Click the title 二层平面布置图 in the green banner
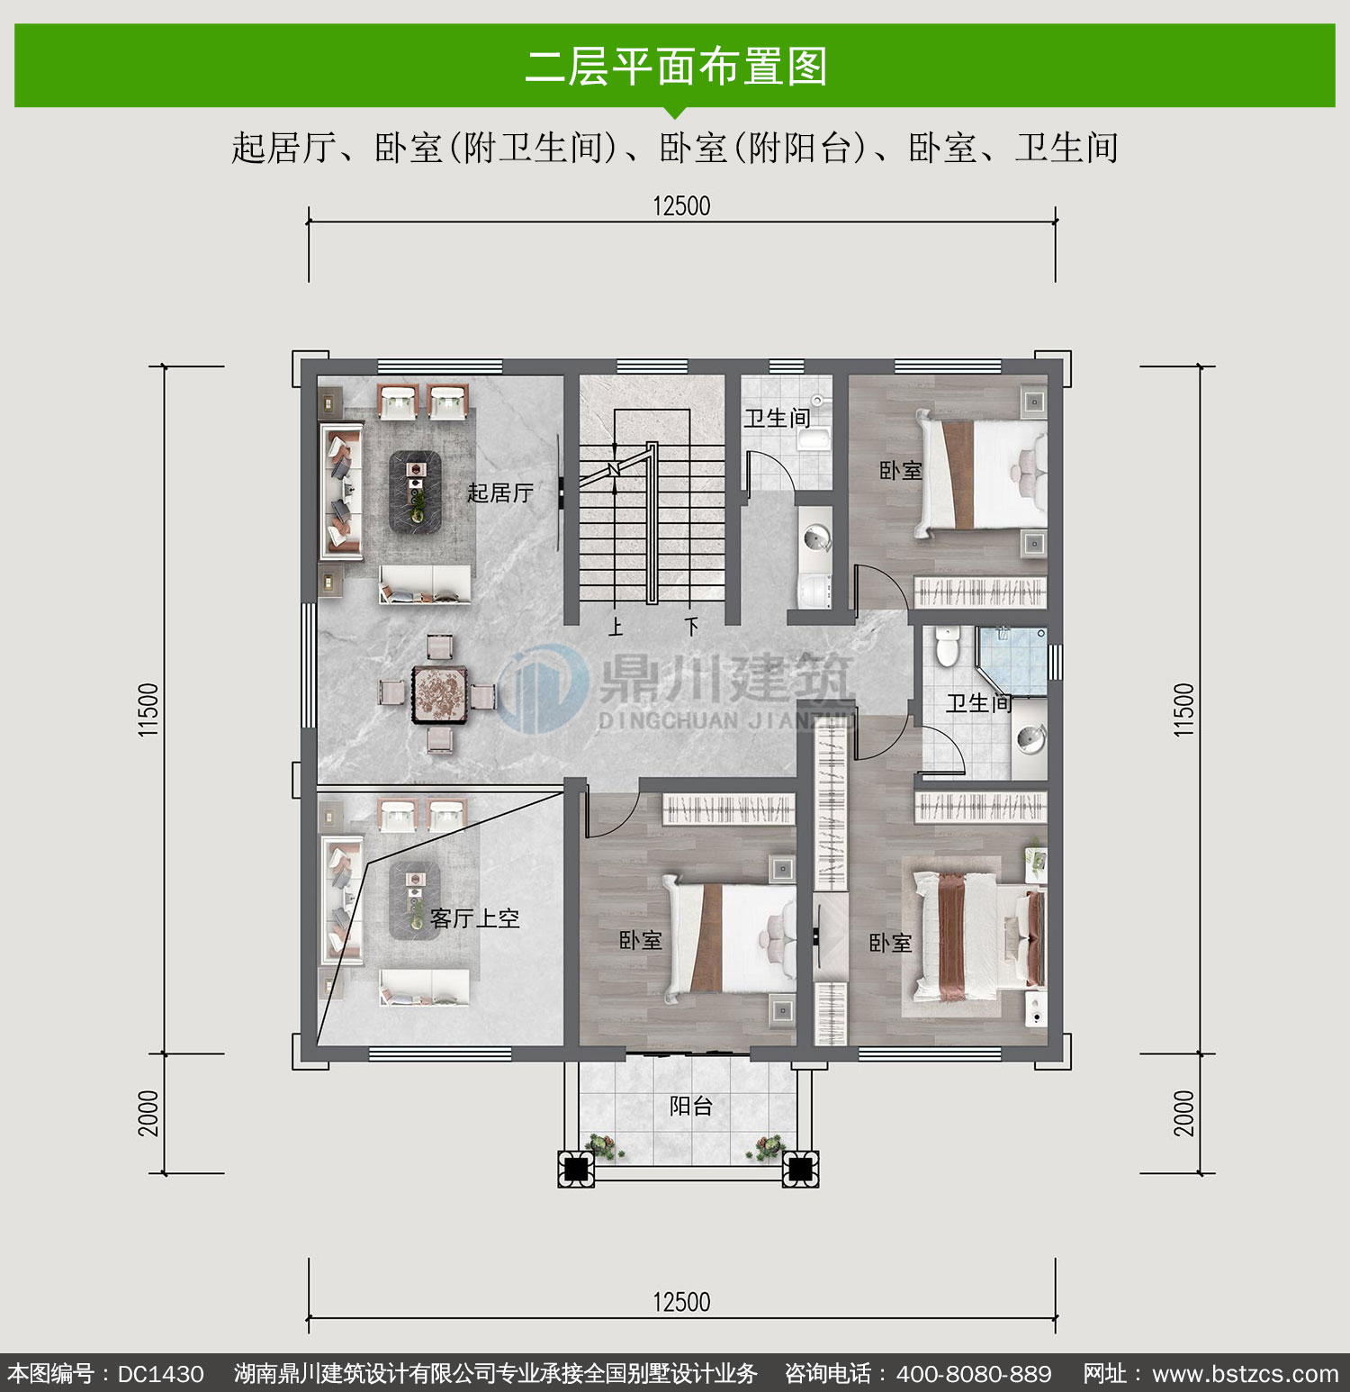coord(676,67)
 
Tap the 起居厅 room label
coord(500,493)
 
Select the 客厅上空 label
coord(475,918)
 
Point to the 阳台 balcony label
coord(691,1106)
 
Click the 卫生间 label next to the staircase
coord(777,418)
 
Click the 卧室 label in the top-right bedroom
coord(901,470)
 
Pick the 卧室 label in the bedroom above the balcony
coord(641,940)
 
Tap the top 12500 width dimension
coord(681,206)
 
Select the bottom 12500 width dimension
coord(681,1302)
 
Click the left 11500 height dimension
coord(149,710)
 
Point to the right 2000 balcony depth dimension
coord(1184,1113)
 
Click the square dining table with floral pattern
coord(440,695)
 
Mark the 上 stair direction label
coord(616,626)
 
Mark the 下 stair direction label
coord(691,626)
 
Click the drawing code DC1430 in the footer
coord(161,1374)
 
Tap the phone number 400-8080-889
coord(974,1374)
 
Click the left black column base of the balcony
coord(576,1169)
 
